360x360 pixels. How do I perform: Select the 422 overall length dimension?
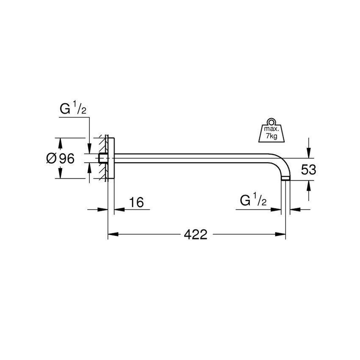click(196, 234)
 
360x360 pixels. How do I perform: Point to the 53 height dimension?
click(309, 170)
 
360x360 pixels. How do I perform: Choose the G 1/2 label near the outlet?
click(253, 201)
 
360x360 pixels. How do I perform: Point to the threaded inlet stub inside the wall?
click(102, 158)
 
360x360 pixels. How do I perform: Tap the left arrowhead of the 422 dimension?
click(113, 234)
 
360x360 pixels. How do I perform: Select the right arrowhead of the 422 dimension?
click(281, 234)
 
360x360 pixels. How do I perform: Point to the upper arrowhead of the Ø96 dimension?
click(60, 143)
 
